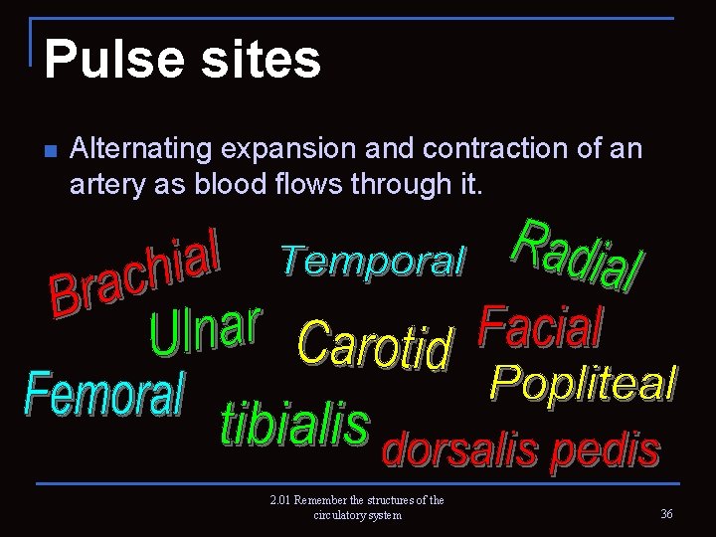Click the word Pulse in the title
104,60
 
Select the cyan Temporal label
372,261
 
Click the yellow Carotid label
375,344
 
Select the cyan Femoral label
104,395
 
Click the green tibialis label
293,426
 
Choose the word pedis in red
608,450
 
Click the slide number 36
665,513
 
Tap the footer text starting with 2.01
357,507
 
